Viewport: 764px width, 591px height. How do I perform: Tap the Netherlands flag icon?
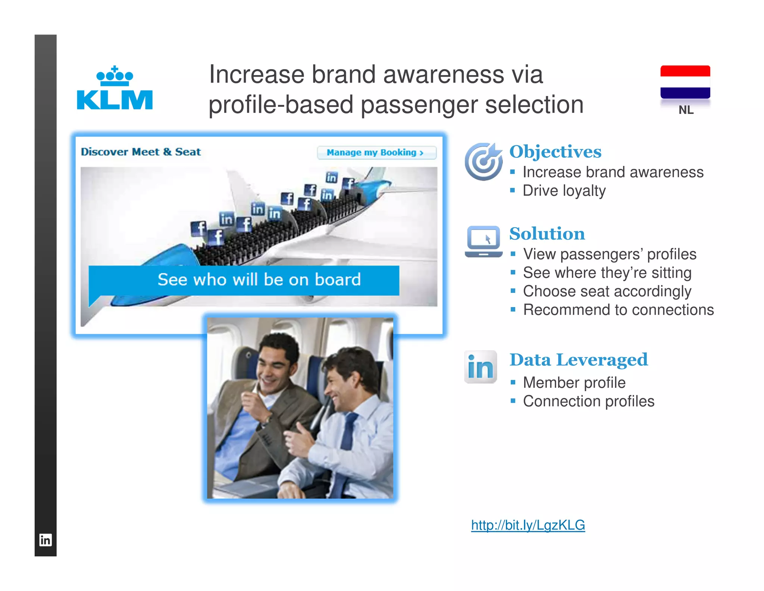click(685, 82)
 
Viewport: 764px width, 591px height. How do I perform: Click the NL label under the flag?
click(686, 110)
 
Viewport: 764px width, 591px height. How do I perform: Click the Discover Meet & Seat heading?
click(141, 152)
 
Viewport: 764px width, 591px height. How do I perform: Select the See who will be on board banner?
click(244, 280)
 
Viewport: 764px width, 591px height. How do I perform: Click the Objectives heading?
click(555, 152)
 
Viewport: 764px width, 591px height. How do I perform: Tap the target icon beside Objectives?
click(483, 161)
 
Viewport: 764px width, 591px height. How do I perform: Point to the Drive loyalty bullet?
click(564, 191)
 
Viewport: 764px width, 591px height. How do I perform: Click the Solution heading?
click(547, 234)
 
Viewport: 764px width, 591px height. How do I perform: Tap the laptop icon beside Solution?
click(483, 241)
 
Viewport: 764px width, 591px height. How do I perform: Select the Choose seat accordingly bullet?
click(607, 291)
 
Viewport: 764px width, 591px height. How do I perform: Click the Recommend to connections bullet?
click(618, 310)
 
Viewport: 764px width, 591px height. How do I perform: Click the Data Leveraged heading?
click(579, 360)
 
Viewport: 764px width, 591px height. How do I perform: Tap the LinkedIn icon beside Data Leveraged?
click(480, 367)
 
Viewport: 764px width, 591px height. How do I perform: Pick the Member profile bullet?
click(574, 383)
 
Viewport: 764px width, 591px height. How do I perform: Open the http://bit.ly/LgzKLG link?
click(528, 525)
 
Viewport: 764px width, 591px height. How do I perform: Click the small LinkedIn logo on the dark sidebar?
click(46, 540)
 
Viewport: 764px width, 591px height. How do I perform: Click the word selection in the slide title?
click(534, 105)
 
